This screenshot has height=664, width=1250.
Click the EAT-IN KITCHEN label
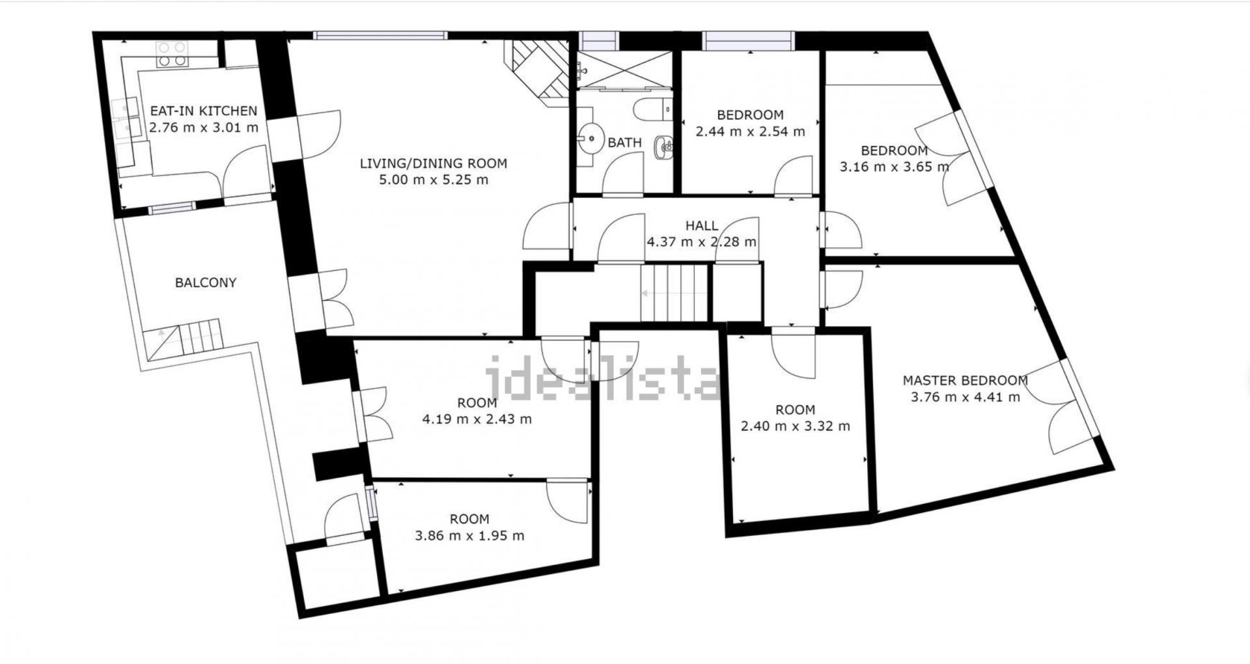204,111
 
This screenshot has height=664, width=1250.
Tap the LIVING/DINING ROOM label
434,163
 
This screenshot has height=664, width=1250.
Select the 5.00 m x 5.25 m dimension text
434,180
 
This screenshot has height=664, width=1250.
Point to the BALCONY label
206,283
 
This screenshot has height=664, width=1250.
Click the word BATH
625,142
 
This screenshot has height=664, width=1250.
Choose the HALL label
702,226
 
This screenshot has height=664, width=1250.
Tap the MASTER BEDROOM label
965,380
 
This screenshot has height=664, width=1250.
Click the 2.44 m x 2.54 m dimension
751,131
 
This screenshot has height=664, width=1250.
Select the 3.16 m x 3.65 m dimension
895,167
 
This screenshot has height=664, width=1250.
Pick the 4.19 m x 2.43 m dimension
477,419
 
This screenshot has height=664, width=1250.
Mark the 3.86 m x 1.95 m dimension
469,536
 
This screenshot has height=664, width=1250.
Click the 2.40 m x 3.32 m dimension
796,426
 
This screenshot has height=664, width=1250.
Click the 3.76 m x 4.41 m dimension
965,397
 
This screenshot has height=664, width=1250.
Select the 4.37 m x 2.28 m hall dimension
702,242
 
